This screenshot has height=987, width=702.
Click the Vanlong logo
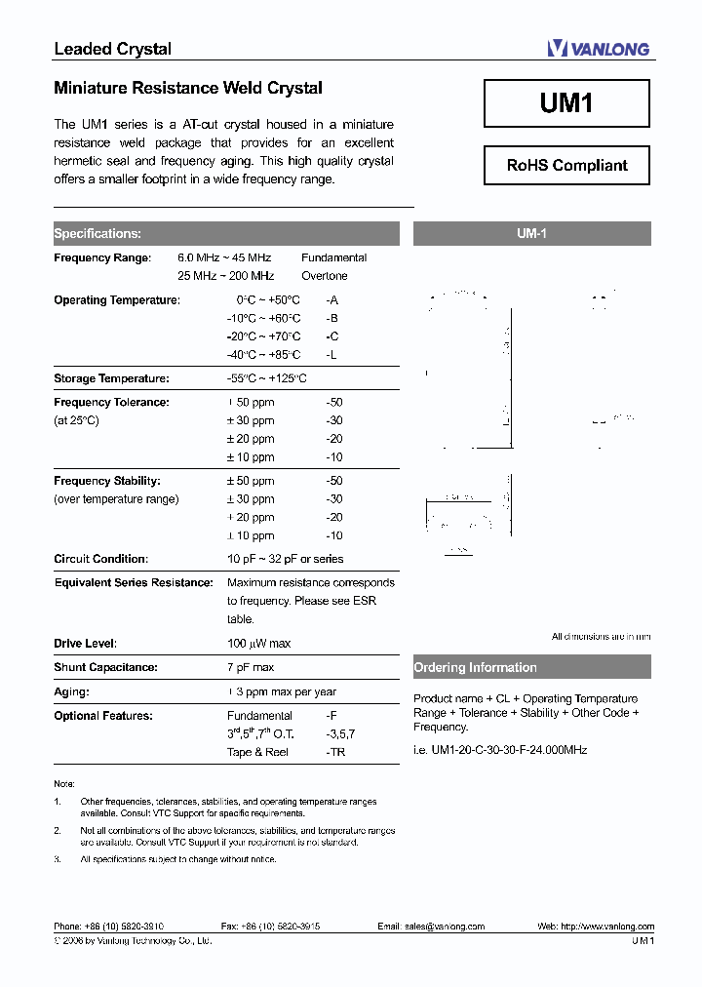click(598, 48)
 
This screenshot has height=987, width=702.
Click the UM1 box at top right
click(566, 103)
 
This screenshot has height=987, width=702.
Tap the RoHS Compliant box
click(566, 165)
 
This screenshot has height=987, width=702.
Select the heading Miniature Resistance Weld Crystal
click(188, 88)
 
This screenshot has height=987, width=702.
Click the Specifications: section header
click(97, 234)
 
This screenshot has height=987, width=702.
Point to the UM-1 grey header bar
click(531, 234)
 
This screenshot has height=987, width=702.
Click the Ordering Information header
click(476, 668)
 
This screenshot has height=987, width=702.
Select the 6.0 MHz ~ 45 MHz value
click(224, 257)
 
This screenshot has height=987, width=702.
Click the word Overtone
click(325, 276)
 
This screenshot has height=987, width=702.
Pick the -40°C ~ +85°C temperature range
click(263, 355)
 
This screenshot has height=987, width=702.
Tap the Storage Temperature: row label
click(111, 378)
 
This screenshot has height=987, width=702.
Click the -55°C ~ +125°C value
click(266, 378)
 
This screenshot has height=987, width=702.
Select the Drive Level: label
click(85, 644)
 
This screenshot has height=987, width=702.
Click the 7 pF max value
click(251, 668)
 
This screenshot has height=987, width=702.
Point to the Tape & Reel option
click(257, 752)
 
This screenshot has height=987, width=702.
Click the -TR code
click(335, 752)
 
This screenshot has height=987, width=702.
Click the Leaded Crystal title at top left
click(112, 49)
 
